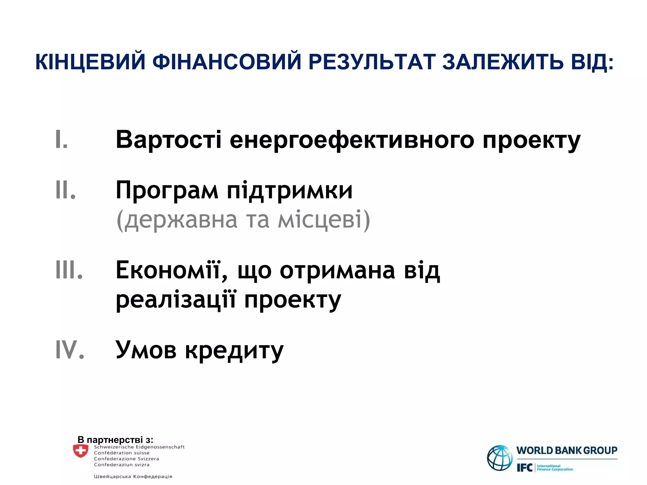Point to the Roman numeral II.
(65, 190)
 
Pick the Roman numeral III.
(69, 270)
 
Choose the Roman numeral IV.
(70, 350)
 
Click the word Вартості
(168, 140)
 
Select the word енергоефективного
(352, 140)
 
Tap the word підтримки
(290, 190)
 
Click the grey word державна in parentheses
(180, 220)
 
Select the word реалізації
(176, 300)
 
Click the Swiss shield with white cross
(81, 451)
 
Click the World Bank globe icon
(499, 458)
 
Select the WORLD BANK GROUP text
(567, 450)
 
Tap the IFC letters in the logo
(524, 468)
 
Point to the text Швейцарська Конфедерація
(133, 476)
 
